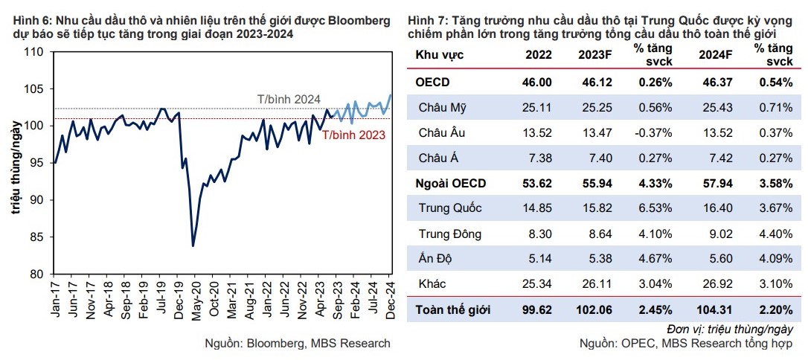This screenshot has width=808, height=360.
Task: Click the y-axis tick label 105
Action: point(35,89)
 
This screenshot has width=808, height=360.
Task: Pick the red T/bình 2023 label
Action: point(354,135)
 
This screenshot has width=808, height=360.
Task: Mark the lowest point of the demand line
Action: point(193,245)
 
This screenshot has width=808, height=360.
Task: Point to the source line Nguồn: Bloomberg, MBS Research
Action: point(297,344)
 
